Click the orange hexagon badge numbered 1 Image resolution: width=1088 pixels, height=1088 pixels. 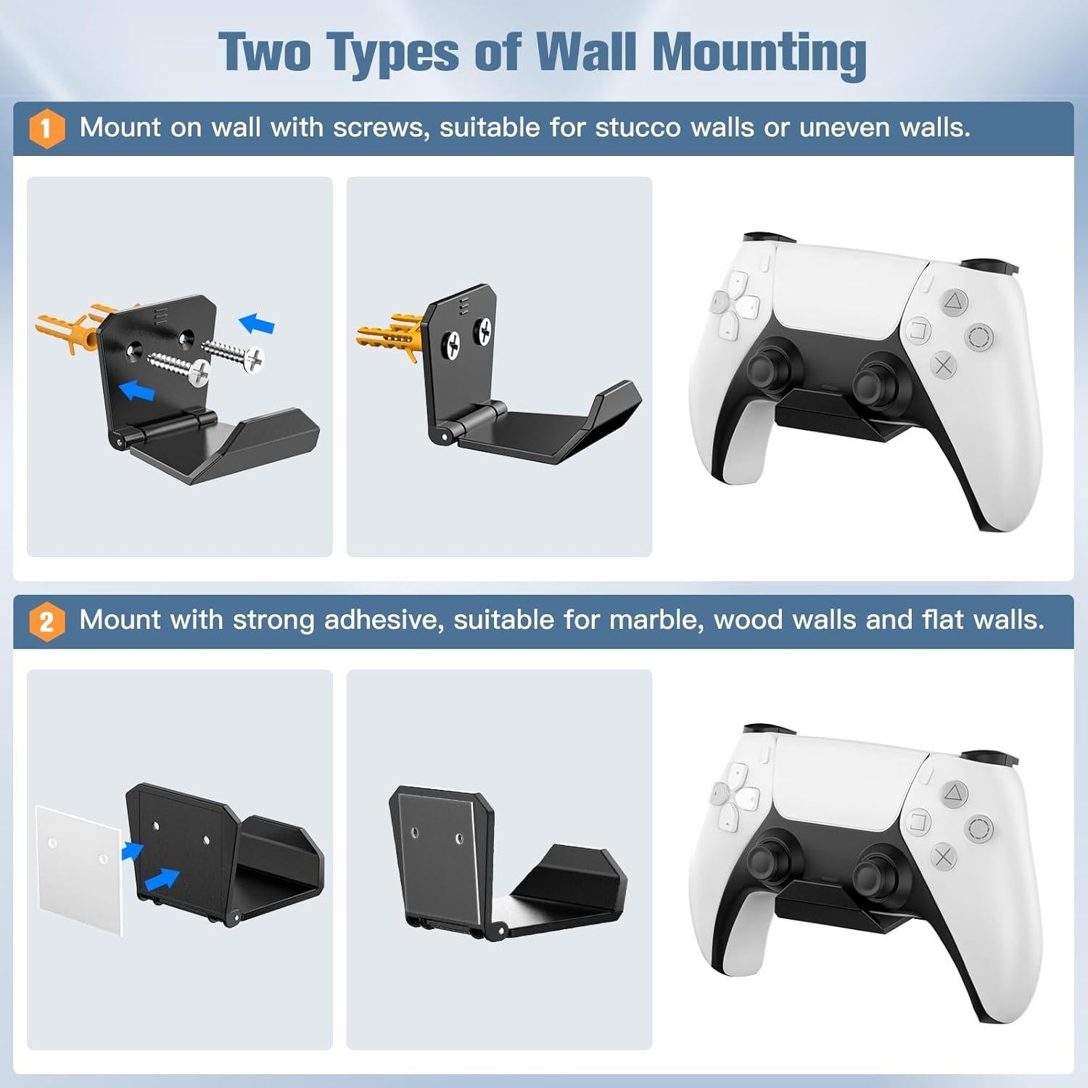tap(46, 128)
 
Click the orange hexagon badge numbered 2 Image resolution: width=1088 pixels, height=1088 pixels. tap(46, 622)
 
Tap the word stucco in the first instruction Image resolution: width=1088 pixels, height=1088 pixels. tap(639, 128)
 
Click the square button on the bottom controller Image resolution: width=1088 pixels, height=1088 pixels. tap(918, 823)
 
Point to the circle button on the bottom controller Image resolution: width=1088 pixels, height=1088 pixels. tap(978, 828)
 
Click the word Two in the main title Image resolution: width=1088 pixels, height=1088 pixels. tap(266, 53)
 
